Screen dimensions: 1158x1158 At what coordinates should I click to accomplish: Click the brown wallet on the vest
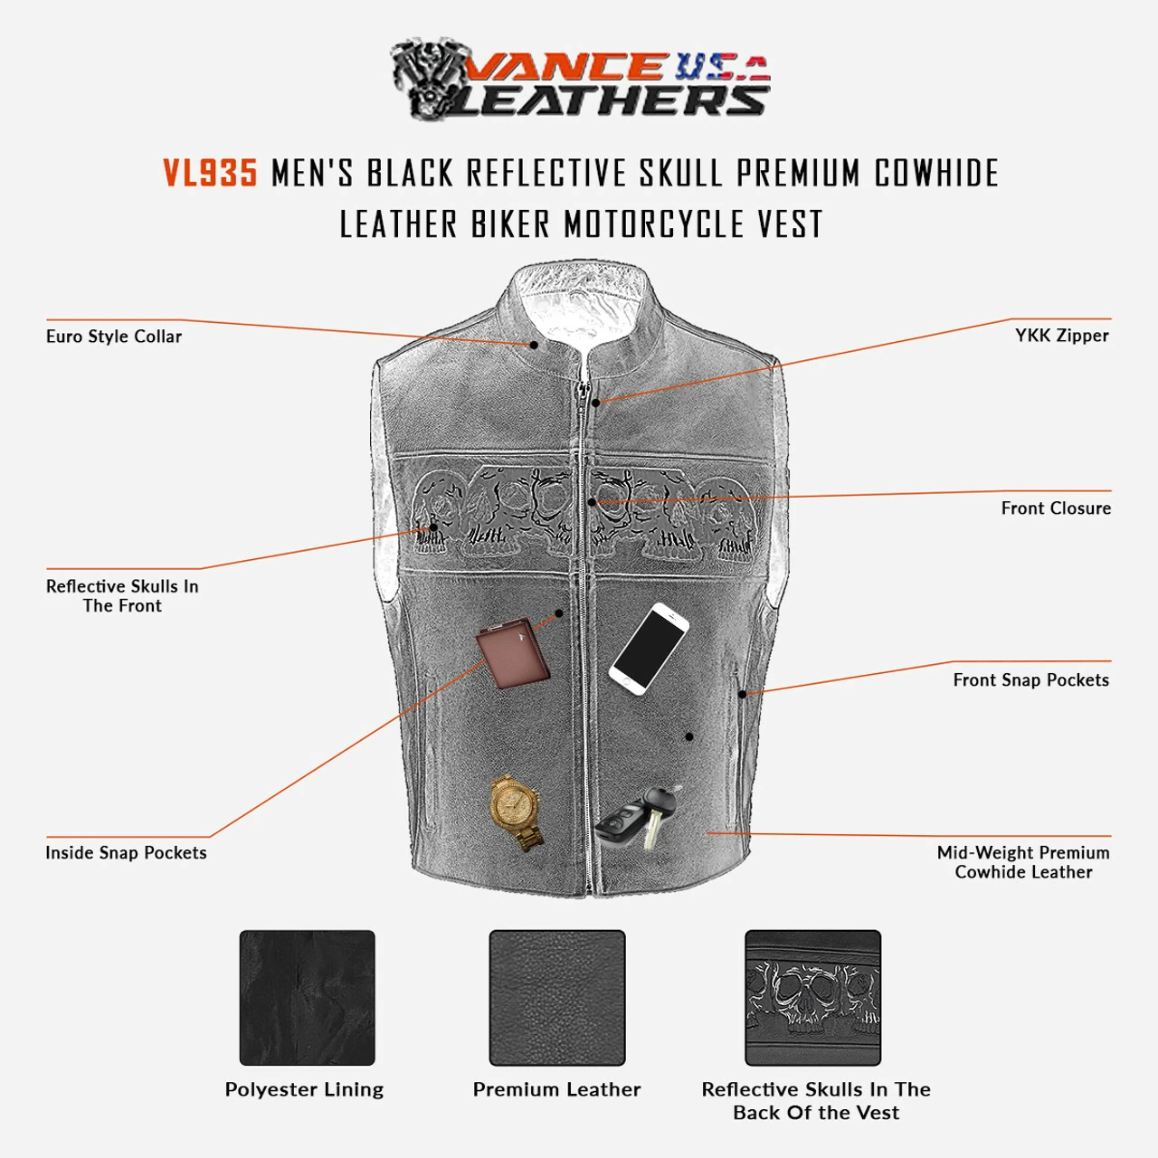(x=513, y=653)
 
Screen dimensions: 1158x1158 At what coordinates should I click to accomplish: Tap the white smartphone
(x=649, y=649)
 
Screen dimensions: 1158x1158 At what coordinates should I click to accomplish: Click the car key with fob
(x=639, y=817)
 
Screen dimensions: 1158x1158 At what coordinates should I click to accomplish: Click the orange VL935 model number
(x=210, y=173)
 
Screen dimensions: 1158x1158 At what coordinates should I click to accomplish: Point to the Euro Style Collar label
(x=114, y=337)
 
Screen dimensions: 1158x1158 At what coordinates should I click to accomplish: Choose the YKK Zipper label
(x=1062, y=336)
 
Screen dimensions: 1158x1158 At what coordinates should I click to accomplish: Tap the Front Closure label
(x=1056, y=508)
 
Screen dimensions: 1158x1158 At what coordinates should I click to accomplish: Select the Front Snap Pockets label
(x=1031, y=680)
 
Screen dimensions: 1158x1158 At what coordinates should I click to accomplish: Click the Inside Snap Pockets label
(x=126, y=853)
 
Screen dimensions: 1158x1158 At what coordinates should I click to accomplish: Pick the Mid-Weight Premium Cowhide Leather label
(x=1023, y=862)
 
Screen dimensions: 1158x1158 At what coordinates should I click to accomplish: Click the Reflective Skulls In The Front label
(x=122, y=595)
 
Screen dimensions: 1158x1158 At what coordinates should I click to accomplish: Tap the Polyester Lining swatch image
(x=307, y=998)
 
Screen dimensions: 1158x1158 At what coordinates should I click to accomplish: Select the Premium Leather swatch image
(x=557, y=998)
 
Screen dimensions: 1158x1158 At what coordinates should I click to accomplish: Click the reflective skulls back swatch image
(x=813, y=998)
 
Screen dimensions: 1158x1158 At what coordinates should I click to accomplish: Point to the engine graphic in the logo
(x=431, y=78)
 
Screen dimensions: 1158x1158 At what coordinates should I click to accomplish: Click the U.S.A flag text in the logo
(x=722, y=67)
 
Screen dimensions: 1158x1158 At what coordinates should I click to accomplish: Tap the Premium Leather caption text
(x=557, y=1089)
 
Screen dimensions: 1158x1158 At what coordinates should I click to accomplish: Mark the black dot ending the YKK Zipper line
(x=595, y=402)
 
